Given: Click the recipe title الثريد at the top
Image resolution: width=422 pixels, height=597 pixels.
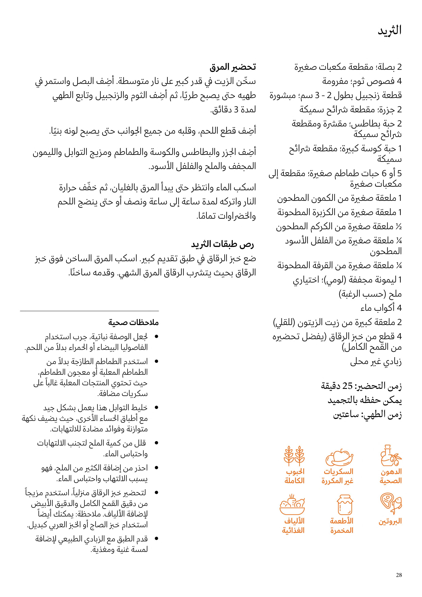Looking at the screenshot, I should pos(389,31).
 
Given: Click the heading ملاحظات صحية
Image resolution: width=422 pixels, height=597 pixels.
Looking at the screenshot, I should pos(133,322).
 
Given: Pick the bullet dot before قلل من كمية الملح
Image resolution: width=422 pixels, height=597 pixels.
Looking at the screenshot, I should pos(156,443).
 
